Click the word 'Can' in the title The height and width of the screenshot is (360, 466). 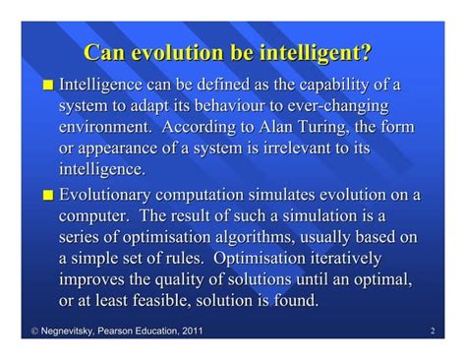[105, 52]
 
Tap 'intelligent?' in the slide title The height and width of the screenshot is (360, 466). [322, 52]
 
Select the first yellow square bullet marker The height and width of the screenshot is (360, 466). [47, 85]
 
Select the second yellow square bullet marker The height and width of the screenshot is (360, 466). [47, 193]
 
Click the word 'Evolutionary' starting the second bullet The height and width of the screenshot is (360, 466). [116, 193]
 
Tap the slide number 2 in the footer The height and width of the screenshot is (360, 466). [434, 331]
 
